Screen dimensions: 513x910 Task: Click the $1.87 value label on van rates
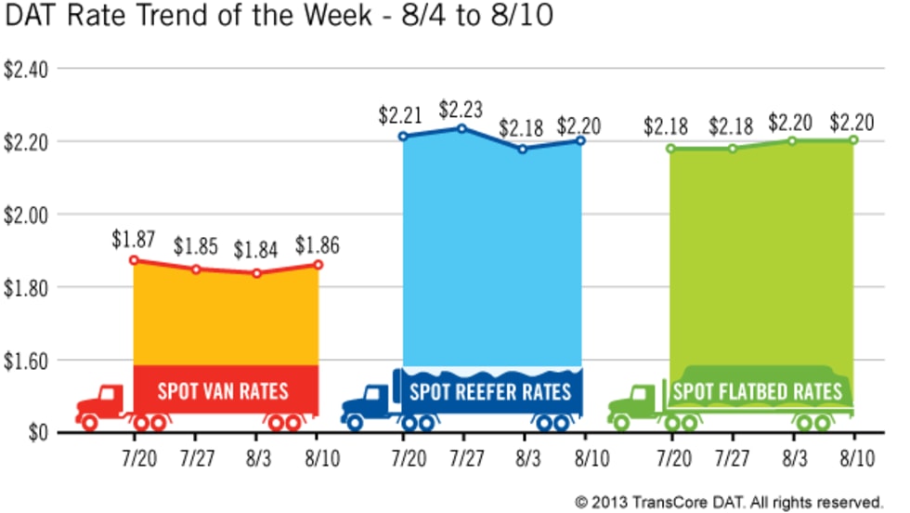131,240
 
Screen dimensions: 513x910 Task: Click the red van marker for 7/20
134,260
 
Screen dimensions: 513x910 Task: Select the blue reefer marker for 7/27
461,127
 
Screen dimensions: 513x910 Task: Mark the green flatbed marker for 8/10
852,140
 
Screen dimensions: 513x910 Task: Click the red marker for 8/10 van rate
318,265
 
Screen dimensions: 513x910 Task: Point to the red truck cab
105,401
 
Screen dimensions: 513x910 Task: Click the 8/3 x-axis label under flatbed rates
794,459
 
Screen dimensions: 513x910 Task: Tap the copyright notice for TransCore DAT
728,502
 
